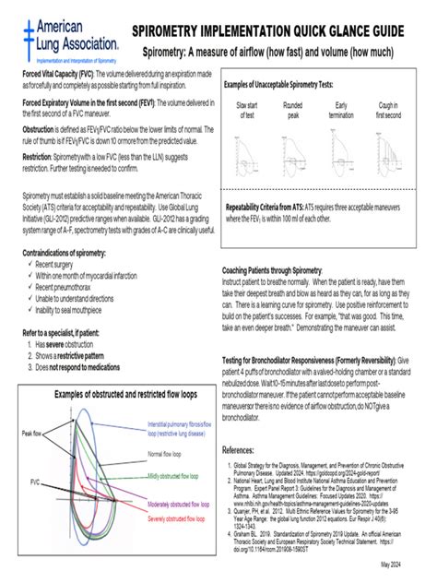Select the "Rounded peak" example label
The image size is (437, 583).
tap(294, 112)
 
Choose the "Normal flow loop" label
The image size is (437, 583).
tap(170, 454)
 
